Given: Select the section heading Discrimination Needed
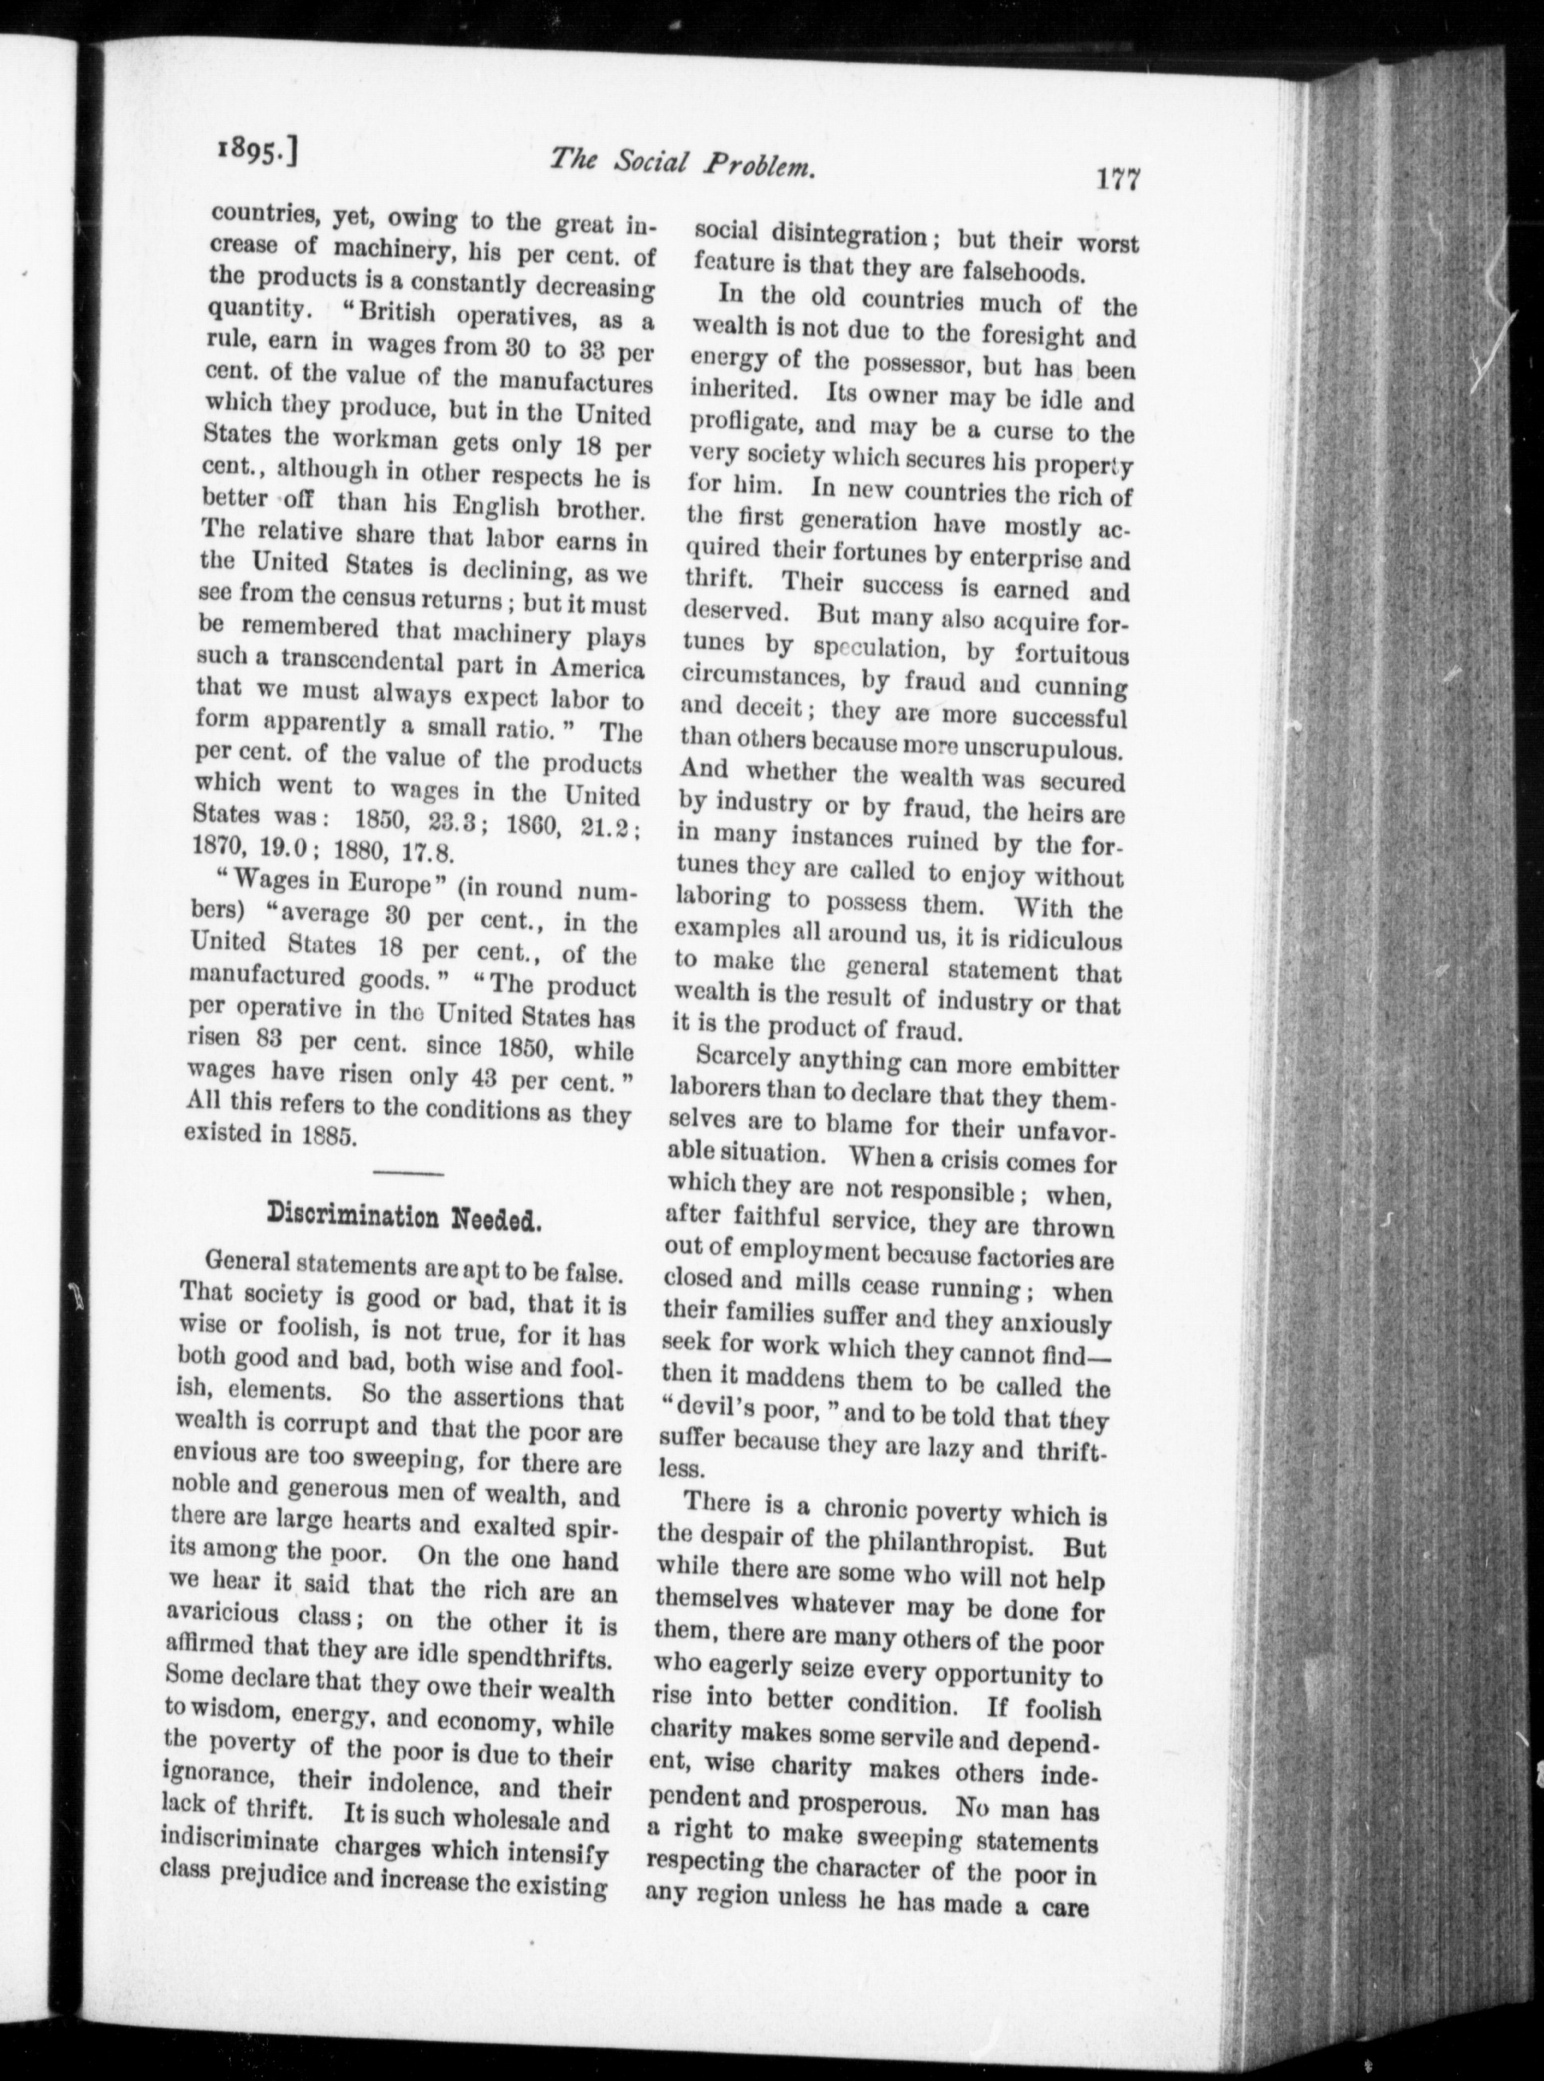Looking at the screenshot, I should coord(401,1216).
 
